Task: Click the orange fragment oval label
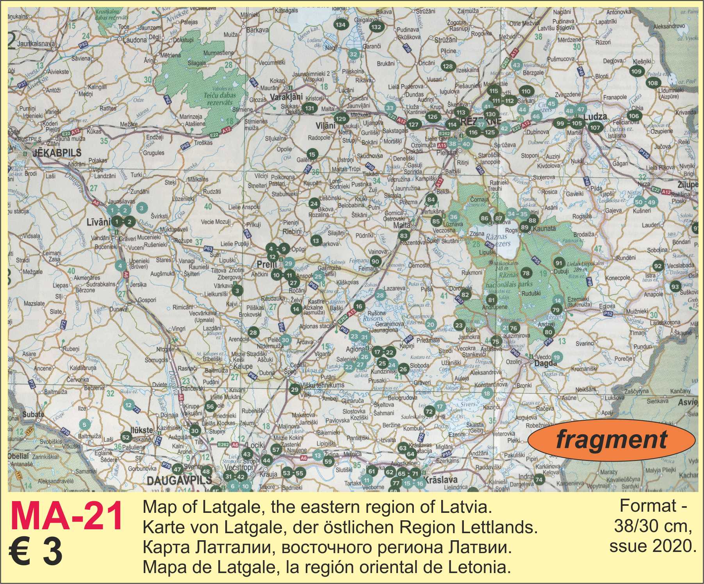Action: tap(611, 439)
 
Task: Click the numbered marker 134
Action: tap(340, 25)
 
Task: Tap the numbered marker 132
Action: tap(376, 27)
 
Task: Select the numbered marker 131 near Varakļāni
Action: tap(309, 108)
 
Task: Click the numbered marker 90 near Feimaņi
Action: tap(375, 262)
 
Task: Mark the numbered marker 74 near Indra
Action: tap(539, 480)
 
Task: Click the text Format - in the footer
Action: tap(653, 506)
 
